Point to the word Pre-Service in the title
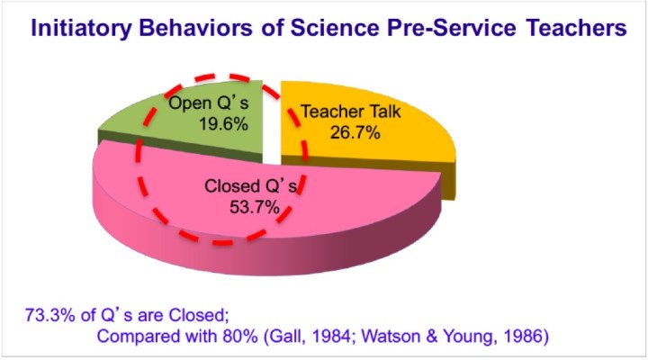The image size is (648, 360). pos(445,29)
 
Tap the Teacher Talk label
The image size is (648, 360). pos(347,113)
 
